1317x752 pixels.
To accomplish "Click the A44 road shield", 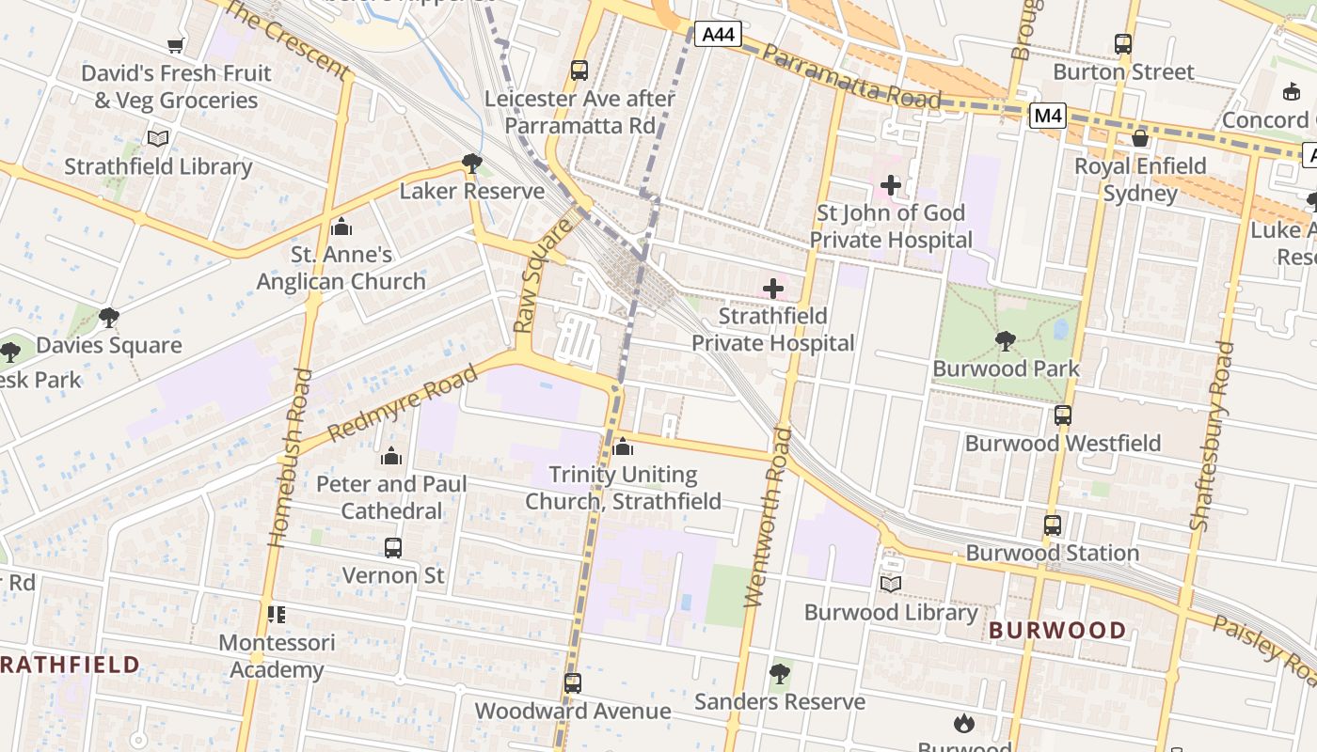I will (x=718, y=35).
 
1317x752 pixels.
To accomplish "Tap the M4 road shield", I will (x=1047, y=116).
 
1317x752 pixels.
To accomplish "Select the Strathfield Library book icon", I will (x=158, y=139).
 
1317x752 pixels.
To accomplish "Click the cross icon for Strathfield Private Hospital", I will (x=773, y=288).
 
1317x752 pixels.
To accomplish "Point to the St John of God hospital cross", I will (x=890, y=185).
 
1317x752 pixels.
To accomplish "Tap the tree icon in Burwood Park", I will (x=1006, y=340).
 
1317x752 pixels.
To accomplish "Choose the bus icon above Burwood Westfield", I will (x=1062, y=415).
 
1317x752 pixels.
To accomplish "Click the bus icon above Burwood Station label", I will (x=1052, y=525).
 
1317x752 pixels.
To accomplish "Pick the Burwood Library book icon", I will (x=890, y=585).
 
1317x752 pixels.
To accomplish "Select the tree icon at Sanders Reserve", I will (x=779, y=673).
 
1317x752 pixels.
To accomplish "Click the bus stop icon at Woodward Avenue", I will (x=572, y=683).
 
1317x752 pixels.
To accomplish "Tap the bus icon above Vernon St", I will (x=392, y=547).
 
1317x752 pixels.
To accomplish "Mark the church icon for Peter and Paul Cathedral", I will (x=390, y=457).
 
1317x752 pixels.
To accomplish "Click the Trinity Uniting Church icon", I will (x=622, y=446).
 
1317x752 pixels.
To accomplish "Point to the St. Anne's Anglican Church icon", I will (x=341, y=227).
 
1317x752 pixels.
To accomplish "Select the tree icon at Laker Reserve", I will (x=471, y=164).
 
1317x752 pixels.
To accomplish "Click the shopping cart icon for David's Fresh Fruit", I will (x=175, y=45).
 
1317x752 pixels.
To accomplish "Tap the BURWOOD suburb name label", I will (x=1057, y=630).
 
